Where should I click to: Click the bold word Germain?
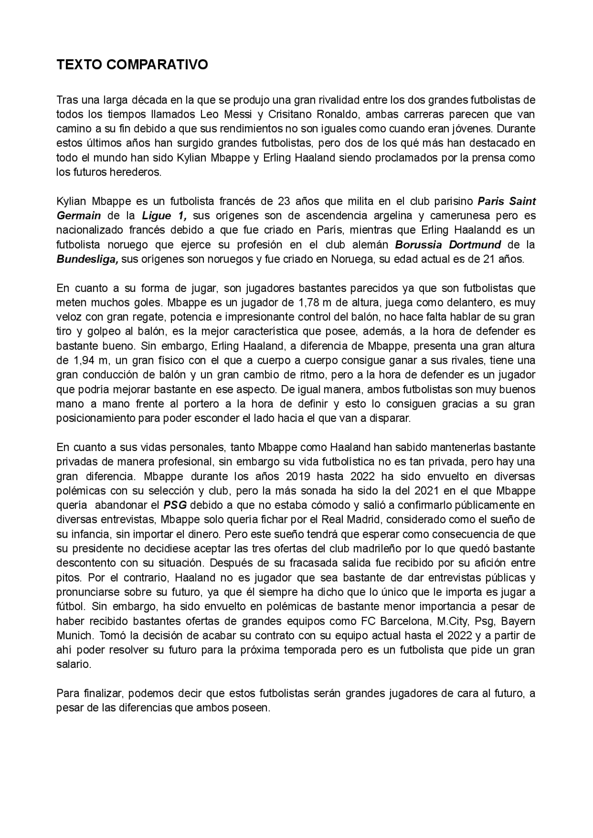point(78,216)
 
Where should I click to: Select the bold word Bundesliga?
point(87,259)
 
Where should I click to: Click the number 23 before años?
point(284,201)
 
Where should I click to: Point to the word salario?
point(73,664)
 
